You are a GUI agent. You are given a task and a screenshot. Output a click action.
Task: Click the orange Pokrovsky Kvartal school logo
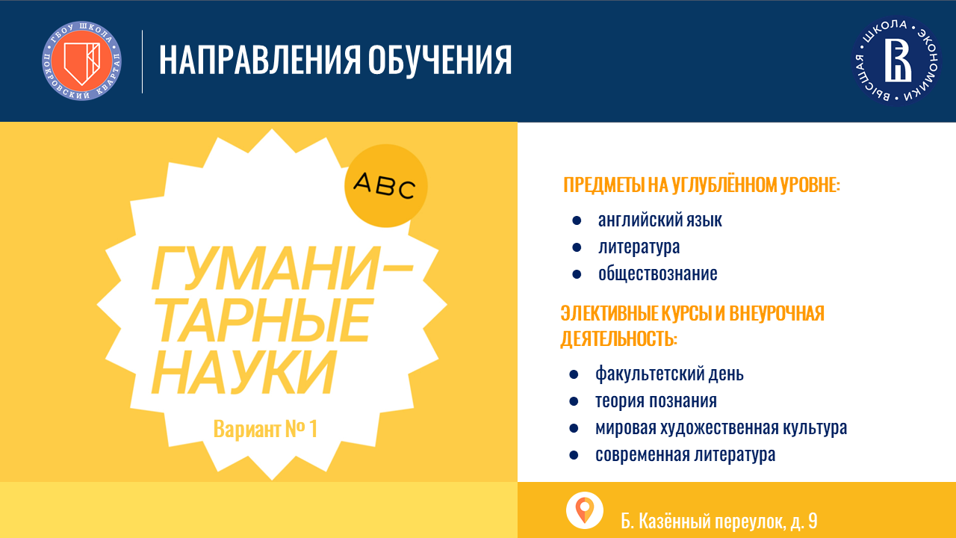click(81, 61)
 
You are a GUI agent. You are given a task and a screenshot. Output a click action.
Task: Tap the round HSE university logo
click(897, 61)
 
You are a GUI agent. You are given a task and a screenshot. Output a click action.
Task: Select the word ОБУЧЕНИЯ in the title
click(440, 61)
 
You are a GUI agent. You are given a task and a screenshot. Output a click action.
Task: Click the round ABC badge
click(386, 186)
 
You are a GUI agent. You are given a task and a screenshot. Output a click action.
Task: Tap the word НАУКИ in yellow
click(243, 372)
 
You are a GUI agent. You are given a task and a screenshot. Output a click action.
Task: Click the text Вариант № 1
click(265, 429)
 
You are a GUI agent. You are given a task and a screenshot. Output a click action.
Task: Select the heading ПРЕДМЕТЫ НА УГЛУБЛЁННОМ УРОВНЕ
click(701, 185)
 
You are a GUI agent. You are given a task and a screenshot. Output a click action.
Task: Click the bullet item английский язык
click(659, 220)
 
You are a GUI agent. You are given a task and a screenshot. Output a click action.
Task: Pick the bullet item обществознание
click(658, 274)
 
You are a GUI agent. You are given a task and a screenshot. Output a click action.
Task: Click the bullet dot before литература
click(577, 247)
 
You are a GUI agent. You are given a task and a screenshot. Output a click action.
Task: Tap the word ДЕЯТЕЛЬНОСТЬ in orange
click(619, 339)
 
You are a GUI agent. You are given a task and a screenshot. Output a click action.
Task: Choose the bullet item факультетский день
click(670, 374)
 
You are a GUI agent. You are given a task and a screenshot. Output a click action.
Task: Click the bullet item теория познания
click(656, 401)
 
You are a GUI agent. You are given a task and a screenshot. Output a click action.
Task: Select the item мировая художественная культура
click(721, 428)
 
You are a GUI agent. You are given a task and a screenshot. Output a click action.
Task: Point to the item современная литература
click(686, 455)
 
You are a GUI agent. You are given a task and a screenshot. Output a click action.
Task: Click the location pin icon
click(585, 510)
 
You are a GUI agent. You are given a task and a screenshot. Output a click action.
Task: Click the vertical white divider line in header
click(142, 61)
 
